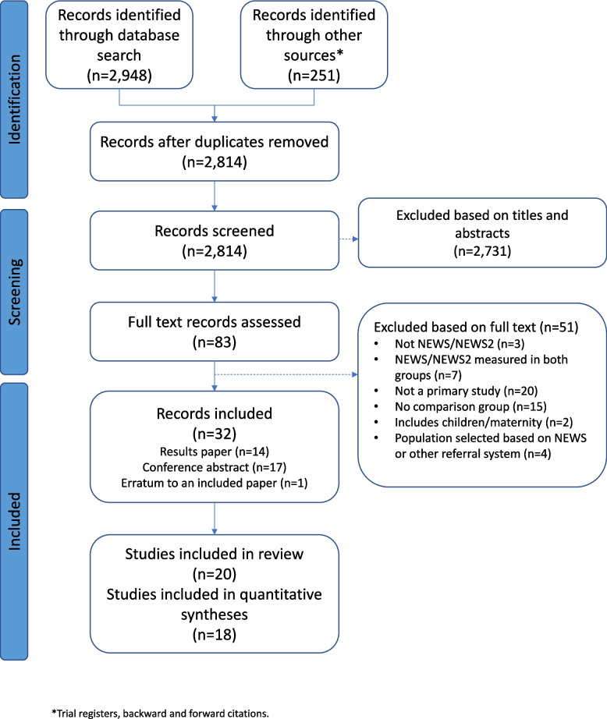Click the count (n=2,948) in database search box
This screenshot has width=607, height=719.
(x=119, y=75)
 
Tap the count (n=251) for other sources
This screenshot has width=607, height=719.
(x=314, y=75)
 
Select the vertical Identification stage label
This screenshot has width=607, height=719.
(x=14, y=100)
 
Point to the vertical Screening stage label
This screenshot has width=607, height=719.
(x=14, y=292)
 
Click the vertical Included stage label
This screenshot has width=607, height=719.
(x=14, y=522)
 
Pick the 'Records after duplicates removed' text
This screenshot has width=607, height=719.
(x=215, y=142)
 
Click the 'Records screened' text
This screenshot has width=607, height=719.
(x=215, y=231)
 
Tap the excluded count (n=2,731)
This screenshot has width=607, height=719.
(x=482, y=251)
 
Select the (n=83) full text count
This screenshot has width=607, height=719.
(x=215, y=342)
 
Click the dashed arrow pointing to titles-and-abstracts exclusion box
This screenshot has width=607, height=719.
(x=349, y=239)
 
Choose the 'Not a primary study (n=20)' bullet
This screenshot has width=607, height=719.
(x=466, y=391)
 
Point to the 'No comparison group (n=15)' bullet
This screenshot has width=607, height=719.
(x=470, y=406)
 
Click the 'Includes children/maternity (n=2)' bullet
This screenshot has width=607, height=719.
(x=484, y=422)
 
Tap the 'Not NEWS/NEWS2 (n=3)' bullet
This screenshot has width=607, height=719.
(x=460, y=343)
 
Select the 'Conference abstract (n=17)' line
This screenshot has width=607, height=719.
(x=215, y=467)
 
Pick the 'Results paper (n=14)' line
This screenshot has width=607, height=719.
(x=215, y=452)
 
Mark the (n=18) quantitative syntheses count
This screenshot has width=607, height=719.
(x=215, y=635)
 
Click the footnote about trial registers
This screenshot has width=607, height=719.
(x=160, y=713)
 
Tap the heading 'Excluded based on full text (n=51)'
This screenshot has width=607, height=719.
(x=476, y=327)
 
